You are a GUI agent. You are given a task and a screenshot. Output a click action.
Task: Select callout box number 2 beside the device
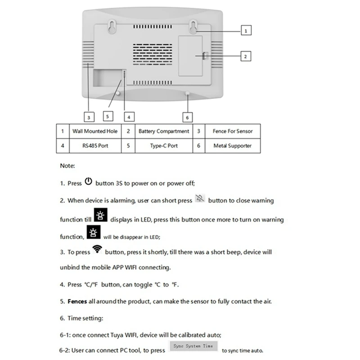[246, 56]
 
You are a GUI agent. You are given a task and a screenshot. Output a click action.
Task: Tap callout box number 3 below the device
[89, 117]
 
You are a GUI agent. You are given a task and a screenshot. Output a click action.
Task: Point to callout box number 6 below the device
[188, 117]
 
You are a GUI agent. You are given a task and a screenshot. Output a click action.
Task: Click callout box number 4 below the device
[129, 117]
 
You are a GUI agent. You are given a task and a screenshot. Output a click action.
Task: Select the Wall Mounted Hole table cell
[95, 131]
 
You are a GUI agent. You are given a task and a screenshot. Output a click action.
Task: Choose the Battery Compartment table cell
[164, 131]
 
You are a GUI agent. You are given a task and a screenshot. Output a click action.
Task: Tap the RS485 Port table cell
[95, 146]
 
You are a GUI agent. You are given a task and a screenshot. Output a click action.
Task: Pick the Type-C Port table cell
[164, 146]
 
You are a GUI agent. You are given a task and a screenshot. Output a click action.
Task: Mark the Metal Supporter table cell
[233, 146]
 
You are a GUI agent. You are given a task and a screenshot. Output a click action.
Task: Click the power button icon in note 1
[88, 182]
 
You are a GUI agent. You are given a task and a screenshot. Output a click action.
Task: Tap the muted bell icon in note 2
[200, 199]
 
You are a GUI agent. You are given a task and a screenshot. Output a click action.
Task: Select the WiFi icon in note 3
[97, 250]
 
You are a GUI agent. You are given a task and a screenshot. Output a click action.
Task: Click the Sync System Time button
[193, 346]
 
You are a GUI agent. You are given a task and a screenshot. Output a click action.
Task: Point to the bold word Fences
[77, 301]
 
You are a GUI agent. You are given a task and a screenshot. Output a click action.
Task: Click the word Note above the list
[67, 166]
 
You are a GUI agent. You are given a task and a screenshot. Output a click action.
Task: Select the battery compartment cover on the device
[190, 55]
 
